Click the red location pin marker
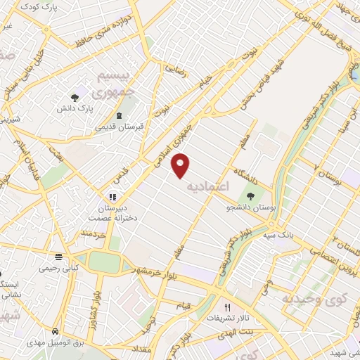(x=181, y=165)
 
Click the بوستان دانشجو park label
(x=249, y=208)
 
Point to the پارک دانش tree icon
(x=75, y=98)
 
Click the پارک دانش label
(x=75, y=110)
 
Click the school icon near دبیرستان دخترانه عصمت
(x=111, y=197)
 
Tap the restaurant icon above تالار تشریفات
(x=227, y=307)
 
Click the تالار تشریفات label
(x=227, y=319)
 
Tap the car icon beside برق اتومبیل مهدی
(x=53, y=331)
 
